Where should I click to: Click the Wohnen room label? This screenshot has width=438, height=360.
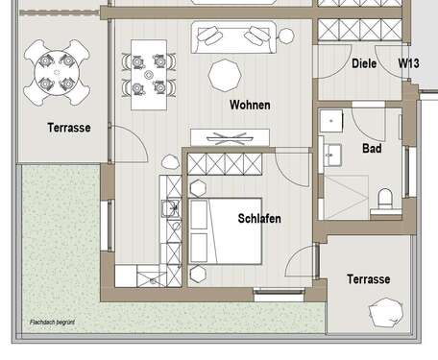click(249, 105)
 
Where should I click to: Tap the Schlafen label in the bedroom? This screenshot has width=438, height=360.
click(259, 219)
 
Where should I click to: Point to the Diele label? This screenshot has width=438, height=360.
click(363, 64)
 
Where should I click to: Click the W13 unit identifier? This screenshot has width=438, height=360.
click(409, 64)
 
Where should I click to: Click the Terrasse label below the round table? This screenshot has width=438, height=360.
click(68, 127)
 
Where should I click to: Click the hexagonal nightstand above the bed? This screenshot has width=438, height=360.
click(200, 185)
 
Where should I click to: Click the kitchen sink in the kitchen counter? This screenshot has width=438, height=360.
click(171, 209)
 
